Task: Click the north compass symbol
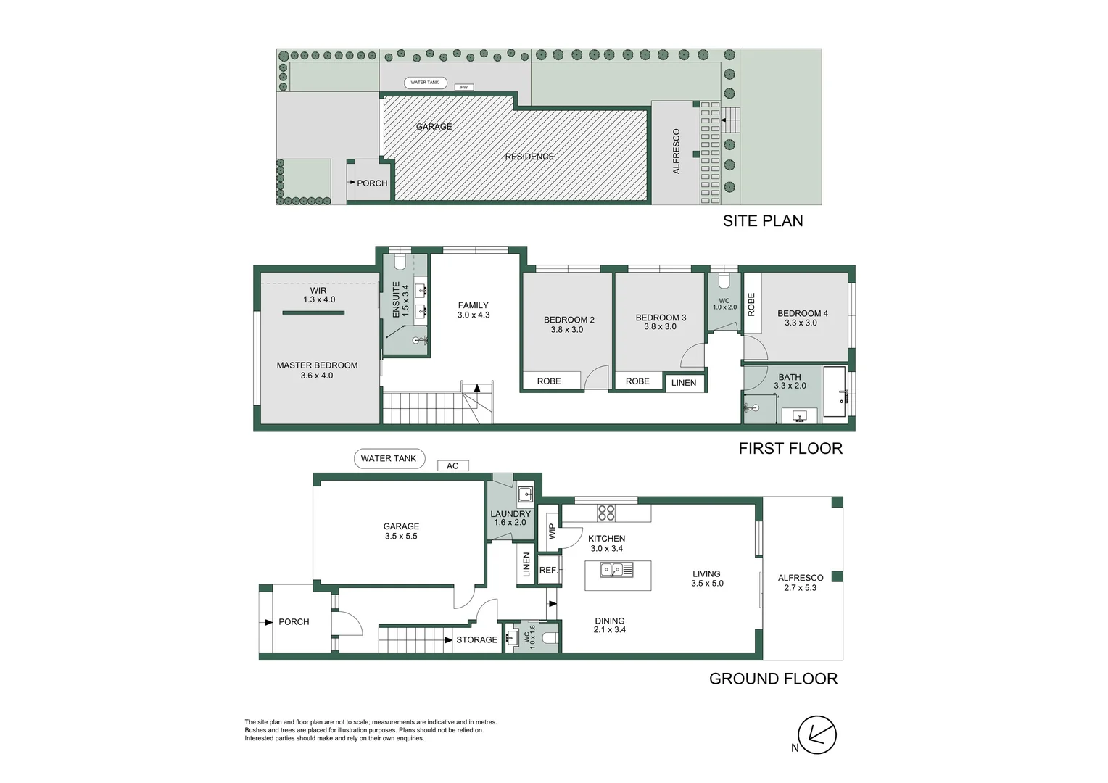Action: (x=817, y=734)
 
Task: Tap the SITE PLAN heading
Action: (x=762, y=221)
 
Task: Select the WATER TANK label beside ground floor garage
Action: (x=389, y=458)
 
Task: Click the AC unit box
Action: (x=452, y=466)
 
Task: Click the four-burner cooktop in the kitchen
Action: (x=606, y=513)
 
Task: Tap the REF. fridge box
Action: (x=548, y=571)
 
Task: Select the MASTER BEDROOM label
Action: (x=317, y=365)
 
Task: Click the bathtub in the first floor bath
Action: (x=835, y=392)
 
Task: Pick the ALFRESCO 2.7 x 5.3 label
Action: (x=800, y=583)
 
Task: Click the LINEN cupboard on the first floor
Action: (x=684, y=383)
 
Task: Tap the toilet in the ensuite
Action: (x=399, y=261)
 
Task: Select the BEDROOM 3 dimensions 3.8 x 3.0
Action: (x=660, y=327)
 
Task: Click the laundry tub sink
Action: (x=526, y=495)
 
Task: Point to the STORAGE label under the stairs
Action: (x=476, y=640)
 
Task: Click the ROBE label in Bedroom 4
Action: (x=751, y=304)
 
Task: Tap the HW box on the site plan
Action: (x=464, y=87)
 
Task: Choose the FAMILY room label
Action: (x=473, y=305)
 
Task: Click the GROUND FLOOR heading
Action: (x=773, y=679)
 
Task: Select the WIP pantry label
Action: (x=552, y=531)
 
